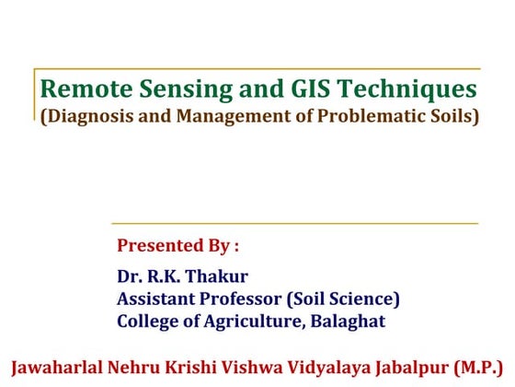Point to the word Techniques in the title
pyautogui.click(x=395, y=90)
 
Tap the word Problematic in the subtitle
pyautogui.click(x=361, y=118)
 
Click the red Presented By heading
pyautogui.click(x=177, y=246)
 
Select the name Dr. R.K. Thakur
pyautogui.click(x=183, y=276)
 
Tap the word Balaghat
pyautogui.click(x=349, y=322)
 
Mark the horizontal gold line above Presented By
pyautogui.click(x=294, y=223)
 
